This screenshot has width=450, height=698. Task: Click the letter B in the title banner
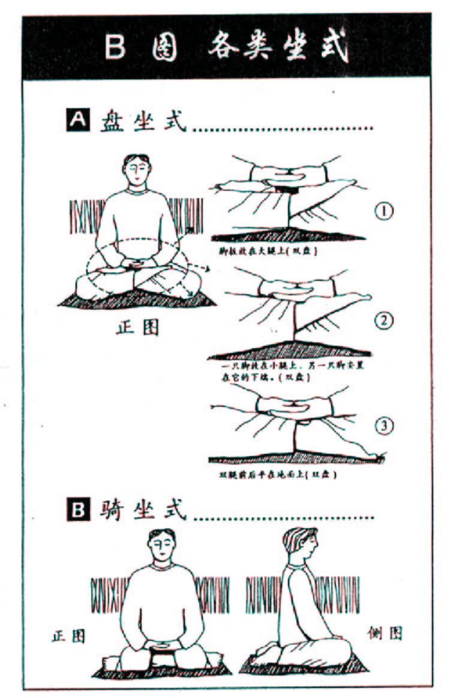(115, 47)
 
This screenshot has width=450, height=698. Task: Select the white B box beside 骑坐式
(77, 512)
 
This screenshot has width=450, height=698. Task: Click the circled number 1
(383, 212)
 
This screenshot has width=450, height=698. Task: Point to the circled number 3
(383, 427)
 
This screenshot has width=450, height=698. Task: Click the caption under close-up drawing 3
(277, 475)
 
